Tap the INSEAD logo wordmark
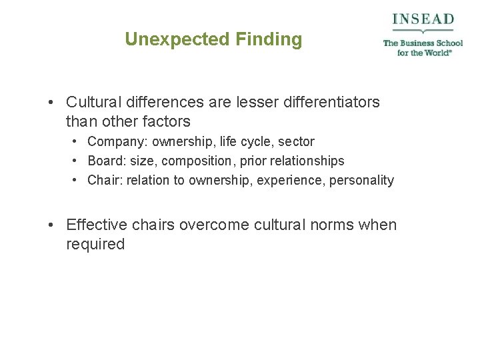point(423,19)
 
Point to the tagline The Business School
point(423,43)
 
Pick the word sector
point(296,142)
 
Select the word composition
point(195,161)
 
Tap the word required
point(95,245)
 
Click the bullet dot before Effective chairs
point(51,225)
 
